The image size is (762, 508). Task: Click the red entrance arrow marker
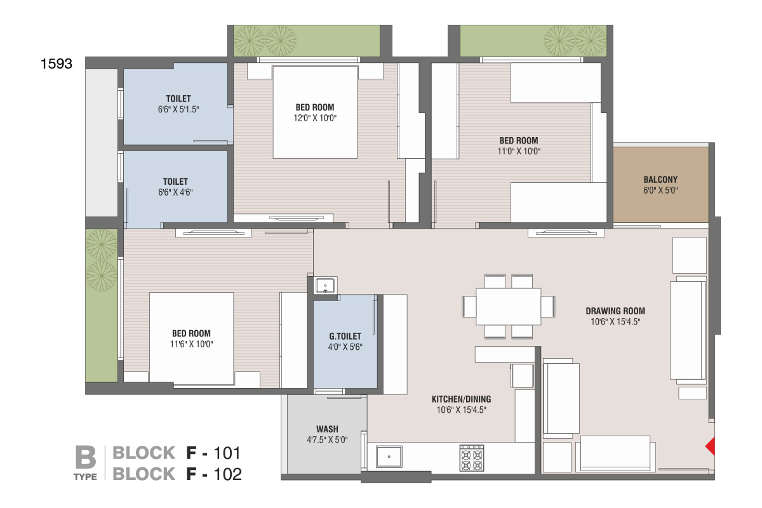pyautogui.click(x=711, y=446)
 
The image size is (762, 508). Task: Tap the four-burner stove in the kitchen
pyautogui.click(x=471, y=458)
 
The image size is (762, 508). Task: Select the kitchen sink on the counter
pyautogui.click(x=389, y=457)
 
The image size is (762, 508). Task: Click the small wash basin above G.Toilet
pyautogui.click(x=325, y=285)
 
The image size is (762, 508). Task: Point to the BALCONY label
pyautogui.click(x=660, y=180)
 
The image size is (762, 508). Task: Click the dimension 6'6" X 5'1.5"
pyautogui.click(x=178, y=110)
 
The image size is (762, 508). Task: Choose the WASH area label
pyautogui.click(x=327, y=429)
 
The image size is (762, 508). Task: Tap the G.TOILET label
pyautogui.click(x=345, y=337)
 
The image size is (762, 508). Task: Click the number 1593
pyautogui.click(x=57, y=64)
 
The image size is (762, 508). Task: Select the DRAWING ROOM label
pyautogui.click(x=615, y=311)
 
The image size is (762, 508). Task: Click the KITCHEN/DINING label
pyautogui.click(x=461, y=399)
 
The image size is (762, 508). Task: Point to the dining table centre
pyautogui.click(x=508, y=307)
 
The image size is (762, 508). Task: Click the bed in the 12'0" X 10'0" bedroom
pyautogui.click(x=315, y=112)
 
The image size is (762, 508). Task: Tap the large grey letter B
pyautogui.click(x=85, y=457)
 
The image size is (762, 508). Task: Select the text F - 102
pyautogui.click(x=214, y=474)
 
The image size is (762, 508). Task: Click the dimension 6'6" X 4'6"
pyautogui.click(x=175, y=192)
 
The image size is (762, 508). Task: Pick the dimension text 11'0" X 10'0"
pyautogui.click(x=519, y=151)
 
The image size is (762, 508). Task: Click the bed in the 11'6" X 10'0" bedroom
pyautogui.click(x=192, y=339)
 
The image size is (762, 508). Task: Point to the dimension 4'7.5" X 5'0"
pyautogui.click(x=327, y=440)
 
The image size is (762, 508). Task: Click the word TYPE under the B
pyautogui.click(x=85, y=477)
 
